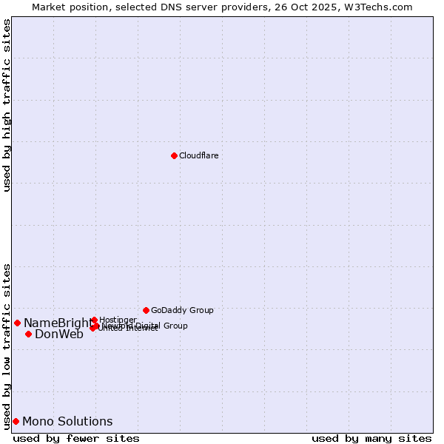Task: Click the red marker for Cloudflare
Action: (x=174, y=155)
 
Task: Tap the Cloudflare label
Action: (x=198, y=155)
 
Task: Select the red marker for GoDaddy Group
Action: (x=146, y=310)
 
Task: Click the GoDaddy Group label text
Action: (x=182, y=310)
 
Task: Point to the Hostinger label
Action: (x=118, y=320)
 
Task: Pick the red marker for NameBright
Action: (x=17, y=323)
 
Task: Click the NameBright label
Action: (x=58, y=323)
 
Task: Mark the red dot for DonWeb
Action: (x=28, y=334)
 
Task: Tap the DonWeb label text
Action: (x=59, y=334)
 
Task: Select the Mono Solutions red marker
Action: (x=16, y=421)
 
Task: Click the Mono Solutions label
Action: (x=67, y=421)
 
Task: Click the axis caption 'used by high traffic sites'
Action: (x=7, y=105)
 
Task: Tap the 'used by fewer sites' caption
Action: (x=76, y=438)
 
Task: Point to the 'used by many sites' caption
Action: (x=371, y=438)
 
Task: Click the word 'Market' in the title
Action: (x=48, y=7)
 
